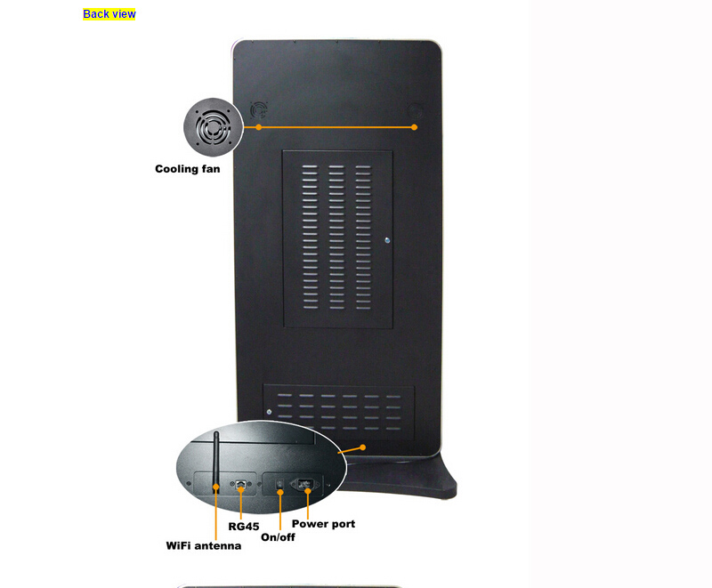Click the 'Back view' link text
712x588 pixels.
point(109,14)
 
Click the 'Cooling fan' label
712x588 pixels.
point(188,169)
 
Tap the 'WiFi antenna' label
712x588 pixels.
point(204,545)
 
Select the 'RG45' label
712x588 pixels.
point(243,527)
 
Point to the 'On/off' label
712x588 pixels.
point(278,537)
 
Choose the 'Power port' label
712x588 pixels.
point(323,524)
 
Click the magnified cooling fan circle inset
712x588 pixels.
point(214,127)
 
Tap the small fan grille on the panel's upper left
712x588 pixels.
point(259,110)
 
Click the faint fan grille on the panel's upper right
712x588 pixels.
point(415,110)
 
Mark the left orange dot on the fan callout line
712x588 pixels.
point(259,127)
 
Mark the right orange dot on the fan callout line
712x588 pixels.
point(414,127)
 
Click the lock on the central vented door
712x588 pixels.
point(387,240)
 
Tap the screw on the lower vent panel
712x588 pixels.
point(270,412)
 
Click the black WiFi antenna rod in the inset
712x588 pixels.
point(216,462)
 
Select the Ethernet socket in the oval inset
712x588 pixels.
point(241,484)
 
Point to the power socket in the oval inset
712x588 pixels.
point(305,485)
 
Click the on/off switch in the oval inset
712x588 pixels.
point(280,485)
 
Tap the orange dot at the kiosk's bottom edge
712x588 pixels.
point(363,447)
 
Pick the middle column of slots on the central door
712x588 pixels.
point(336,238)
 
